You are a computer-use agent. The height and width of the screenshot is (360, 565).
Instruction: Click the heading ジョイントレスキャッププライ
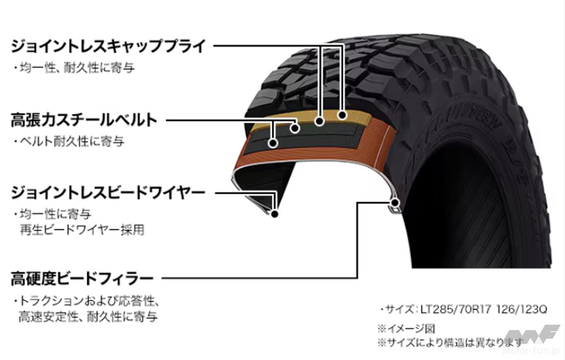108,45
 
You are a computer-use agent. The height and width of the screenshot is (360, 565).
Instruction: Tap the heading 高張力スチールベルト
84,120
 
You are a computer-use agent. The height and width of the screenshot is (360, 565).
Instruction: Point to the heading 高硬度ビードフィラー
82,279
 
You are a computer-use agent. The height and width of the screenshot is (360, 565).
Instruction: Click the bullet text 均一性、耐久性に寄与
73,68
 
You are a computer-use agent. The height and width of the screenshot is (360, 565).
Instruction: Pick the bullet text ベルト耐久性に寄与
68,142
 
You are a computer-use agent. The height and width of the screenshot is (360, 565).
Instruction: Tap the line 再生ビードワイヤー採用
82,230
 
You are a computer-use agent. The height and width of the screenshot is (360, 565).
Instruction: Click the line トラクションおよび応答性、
86,302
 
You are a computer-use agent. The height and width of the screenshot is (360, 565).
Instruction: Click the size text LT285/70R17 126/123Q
463,310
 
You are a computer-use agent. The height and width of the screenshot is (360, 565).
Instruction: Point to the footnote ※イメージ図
406,329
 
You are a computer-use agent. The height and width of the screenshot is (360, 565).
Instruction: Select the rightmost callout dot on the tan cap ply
342,115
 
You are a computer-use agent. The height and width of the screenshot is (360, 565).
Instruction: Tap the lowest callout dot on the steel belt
273,143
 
